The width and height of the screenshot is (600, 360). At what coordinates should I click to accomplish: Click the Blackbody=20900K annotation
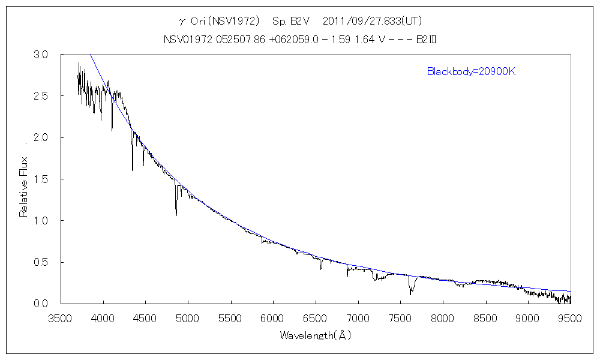point(472,72)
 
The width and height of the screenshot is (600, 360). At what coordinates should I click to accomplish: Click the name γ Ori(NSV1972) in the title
point(215,21)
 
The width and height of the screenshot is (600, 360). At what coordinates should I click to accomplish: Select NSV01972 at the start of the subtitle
point(184,40)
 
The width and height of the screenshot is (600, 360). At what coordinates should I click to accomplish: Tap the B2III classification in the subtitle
point(430,40)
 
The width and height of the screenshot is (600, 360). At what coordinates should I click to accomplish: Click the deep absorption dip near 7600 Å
point(410,293)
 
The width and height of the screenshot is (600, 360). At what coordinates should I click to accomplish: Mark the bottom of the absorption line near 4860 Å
point(176,214)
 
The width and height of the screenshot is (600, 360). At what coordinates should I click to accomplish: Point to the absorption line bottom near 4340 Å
point(133,170)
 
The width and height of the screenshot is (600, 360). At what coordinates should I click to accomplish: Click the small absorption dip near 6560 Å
point(321,269)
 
